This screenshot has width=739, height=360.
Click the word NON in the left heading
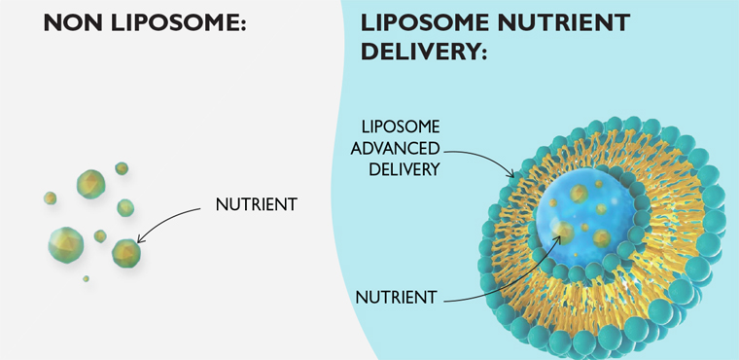point(72,22)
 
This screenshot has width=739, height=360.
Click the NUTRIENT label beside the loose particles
point(256,205)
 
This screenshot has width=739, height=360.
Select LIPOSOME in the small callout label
point(401,127)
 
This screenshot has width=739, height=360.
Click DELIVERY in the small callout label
point(405,169)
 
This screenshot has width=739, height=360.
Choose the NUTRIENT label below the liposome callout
point(396,298)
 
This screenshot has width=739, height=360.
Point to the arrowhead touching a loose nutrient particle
point(142,238)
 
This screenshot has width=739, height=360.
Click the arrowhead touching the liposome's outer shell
point(513,176)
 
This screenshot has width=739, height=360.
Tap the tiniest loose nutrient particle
point(86,279)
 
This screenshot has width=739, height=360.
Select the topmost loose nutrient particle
point(122,168)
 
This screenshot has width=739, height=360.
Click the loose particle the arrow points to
point(126,253)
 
